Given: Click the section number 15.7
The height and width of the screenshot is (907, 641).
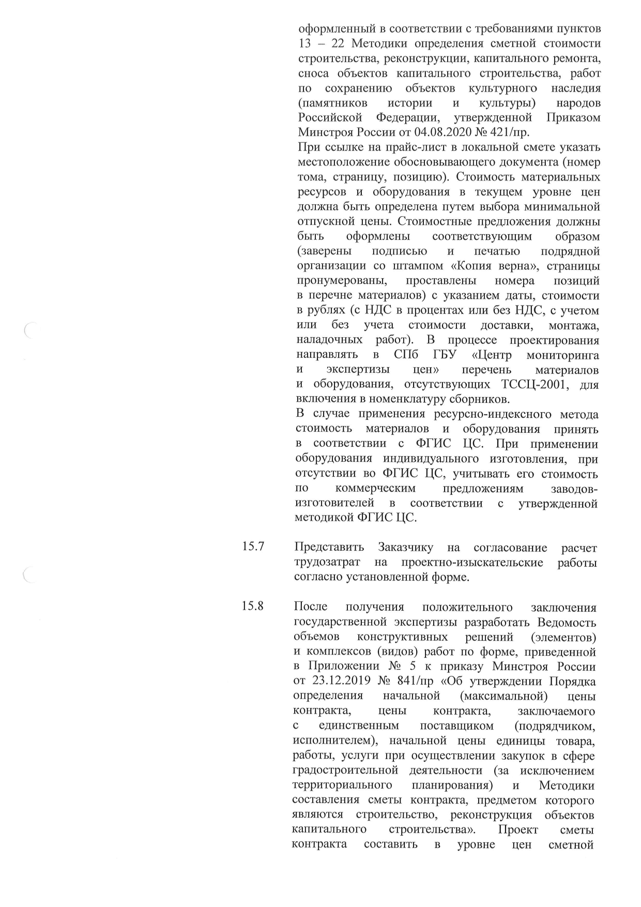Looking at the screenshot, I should [253, 547].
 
